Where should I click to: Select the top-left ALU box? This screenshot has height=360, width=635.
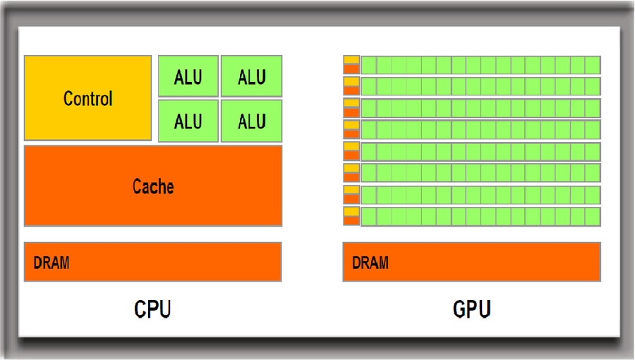point(188,76)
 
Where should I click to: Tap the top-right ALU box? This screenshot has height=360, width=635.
point(251,76)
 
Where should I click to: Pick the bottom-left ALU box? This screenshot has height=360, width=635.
point(188,121)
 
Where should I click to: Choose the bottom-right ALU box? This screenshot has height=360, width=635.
point(251,121)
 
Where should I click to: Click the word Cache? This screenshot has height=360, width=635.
point(153,186)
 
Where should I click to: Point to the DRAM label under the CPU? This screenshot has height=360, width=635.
point(51,263)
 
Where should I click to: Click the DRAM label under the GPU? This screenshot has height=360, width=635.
point(370,263)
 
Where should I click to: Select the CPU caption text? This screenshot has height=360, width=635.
point(152,309)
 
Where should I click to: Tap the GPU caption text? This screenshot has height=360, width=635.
point(471,309)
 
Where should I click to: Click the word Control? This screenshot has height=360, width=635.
point(87,98)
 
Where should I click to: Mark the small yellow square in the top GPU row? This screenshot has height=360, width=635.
point(351,60)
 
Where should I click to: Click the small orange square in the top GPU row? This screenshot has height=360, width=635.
point(351,68)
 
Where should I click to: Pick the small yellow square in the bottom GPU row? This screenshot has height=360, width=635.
point(351,211)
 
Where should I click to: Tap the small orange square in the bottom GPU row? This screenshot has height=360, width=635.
point(351,220)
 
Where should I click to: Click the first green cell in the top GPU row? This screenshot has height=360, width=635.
point(368,65)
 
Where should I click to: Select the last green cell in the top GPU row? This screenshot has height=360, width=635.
point(593,65)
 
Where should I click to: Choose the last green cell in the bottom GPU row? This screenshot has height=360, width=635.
point(593,216)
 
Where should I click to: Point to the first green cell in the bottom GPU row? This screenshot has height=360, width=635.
point(368,216)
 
